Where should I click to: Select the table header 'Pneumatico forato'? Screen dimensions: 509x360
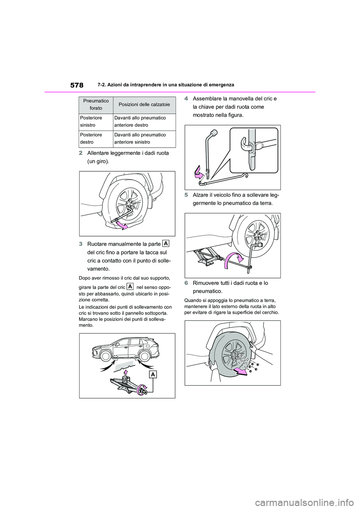point(96,105)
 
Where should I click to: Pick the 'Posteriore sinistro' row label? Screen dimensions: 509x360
point(90,121)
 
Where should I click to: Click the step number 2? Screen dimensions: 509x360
point(81,153)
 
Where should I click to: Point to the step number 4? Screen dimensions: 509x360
point(186,99)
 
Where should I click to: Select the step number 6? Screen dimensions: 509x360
point(186,283)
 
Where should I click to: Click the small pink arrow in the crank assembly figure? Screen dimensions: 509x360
point(198,173)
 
